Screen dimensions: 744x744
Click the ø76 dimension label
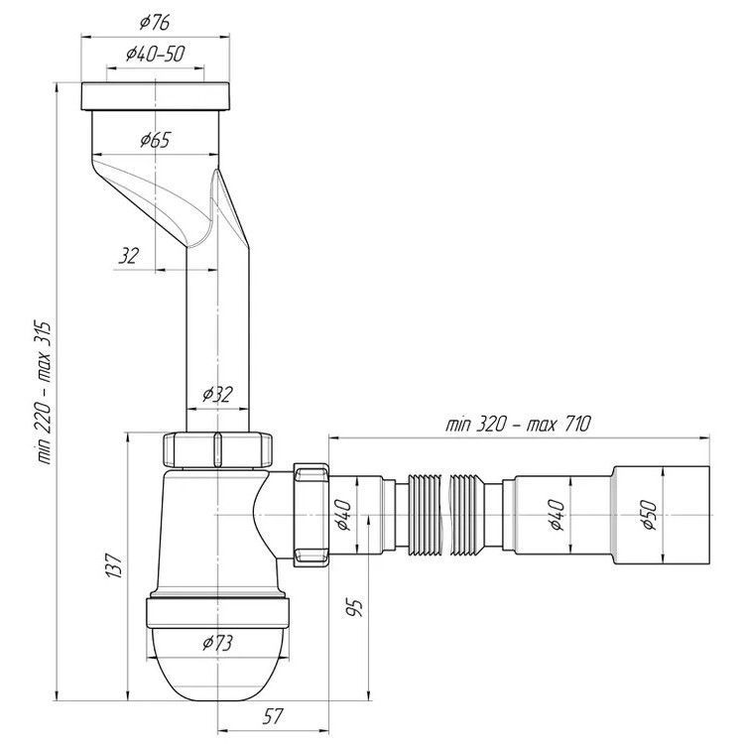[155, 22]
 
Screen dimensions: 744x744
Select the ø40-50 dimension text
[155, 55]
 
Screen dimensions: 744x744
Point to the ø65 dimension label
[155, 140]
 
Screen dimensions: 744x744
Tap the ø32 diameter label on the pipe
[218, 394]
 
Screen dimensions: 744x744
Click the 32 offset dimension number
[128, 256]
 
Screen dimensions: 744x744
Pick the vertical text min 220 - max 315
[44, 394]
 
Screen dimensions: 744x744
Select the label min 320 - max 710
[518, 424]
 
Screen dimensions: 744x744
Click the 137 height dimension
[114, 564]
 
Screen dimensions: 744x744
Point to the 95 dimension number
[354, 608]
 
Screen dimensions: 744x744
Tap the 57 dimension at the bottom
[274, 716]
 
